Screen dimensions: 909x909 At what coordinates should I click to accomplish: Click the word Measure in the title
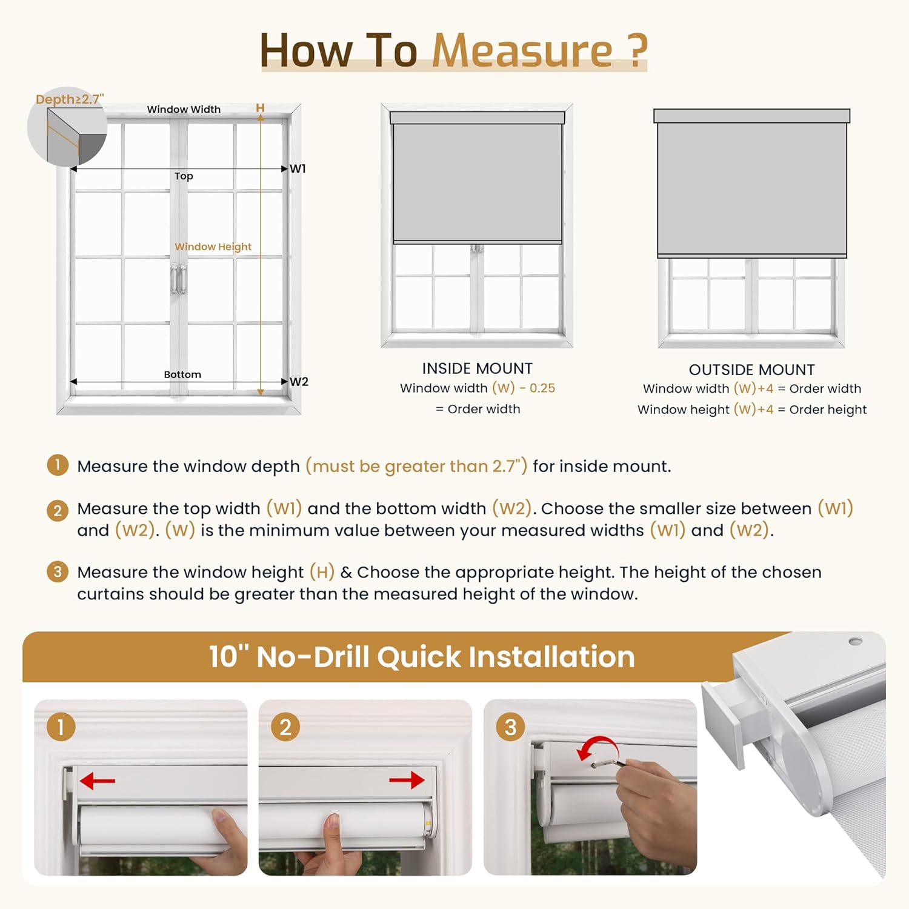[x=522, y=50]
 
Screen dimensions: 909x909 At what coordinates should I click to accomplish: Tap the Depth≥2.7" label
[x=70, y=99]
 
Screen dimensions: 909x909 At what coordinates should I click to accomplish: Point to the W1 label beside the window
[x=298, y=168]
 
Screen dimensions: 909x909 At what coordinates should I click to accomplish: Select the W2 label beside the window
[x=299, y=382]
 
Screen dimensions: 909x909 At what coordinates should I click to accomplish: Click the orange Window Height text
[x=213, y=247]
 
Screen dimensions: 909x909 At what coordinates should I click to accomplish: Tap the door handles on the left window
[x=178, y=279]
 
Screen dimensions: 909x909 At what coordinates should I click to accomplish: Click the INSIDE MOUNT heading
[x=478, y=368]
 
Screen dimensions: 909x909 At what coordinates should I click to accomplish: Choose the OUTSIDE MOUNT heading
[x=751, y=370]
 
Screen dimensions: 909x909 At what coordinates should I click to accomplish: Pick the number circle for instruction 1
[x=58, y=465]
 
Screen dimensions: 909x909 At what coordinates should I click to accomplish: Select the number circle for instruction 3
[x=58, y=571]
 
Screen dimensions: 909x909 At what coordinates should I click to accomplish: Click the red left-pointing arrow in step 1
[x=97, y=781]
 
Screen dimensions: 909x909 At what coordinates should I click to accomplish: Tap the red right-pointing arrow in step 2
[x=407, y=780]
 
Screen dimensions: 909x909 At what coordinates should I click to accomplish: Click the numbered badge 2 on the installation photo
[x=285, y=727]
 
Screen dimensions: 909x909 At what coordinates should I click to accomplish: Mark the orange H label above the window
[x=260, y=108]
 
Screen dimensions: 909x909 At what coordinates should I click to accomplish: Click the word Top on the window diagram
[x=184, y=176]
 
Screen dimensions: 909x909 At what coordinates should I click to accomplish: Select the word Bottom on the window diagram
[x=182, y=375]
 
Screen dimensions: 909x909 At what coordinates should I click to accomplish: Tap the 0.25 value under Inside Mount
[x=542, y=388]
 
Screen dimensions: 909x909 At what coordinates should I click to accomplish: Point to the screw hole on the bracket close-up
[x=855, y=641]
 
